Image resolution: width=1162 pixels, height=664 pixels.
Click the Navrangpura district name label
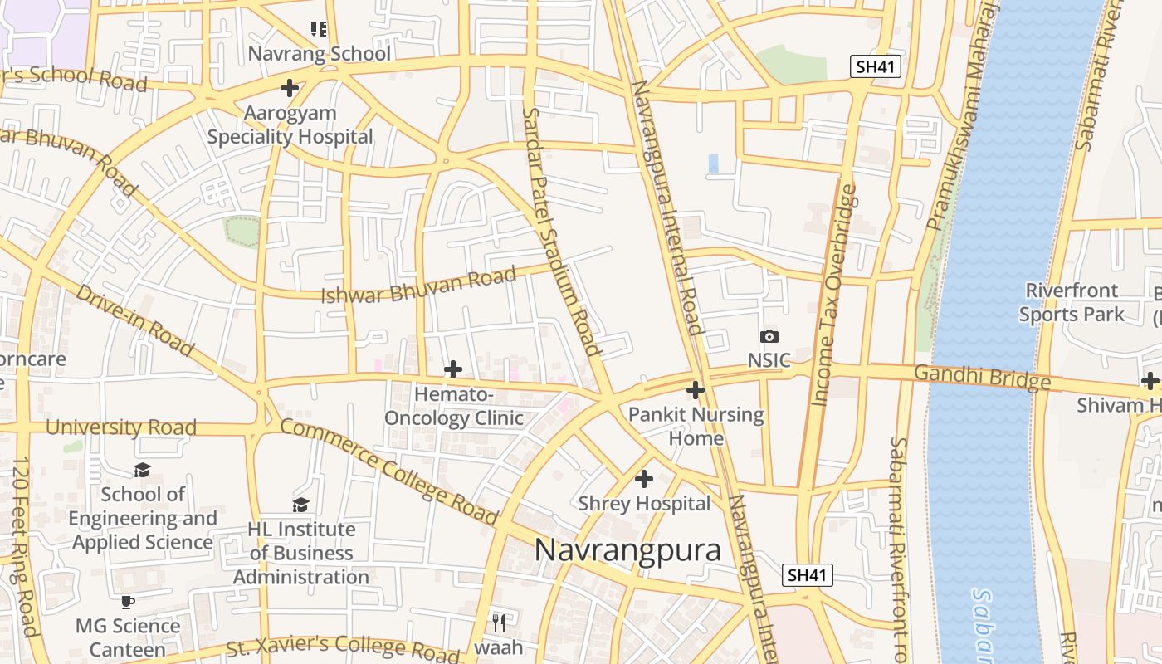click(x=627, y=550)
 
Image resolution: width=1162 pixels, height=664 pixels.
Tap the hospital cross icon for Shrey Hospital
click(x=644, y=479)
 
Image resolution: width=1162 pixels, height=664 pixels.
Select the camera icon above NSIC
click(x=769, y=336)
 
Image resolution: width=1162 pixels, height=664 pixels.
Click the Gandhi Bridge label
click(x=982, y=377)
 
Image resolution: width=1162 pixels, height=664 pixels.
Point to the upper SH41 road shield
click(x=876, y=67)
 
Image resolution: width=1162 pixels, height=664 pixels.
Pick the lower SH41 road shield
click(x=808, y=575)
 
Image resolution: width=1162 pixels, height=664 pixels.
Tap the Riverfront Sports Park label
click(x=1072, y=302)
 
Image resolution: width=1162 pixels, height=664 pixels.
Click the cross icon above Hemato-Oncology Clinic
click(x=453, y=369)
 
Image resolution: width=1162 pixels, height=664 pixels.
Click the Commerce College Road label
click(x=388, y=472)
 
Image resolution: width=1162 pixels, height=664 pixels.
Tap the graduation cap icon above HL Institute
click(x=300, y=505)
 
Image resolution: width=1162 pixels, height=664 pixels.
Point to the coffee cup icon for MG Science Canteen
click(x=128, y=602)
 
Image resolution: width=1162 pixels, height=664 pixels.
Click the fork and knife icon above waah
click(x=498, y=622)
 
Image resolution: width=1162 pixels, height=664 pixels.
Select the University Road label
click(x=121, y=427)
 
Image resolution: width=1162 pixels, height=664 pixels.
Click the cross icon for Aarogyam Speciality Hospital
click(x=290, y=87)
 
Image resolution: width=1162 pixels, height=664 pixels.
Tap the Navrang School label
click(x=320, y=54)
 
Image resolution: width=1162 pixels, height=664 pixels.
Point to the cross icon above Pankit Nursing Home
click(x=696, y=389)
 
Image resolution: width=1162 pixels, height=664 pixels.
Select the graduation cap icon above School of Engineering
click(x=143, y=470)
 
